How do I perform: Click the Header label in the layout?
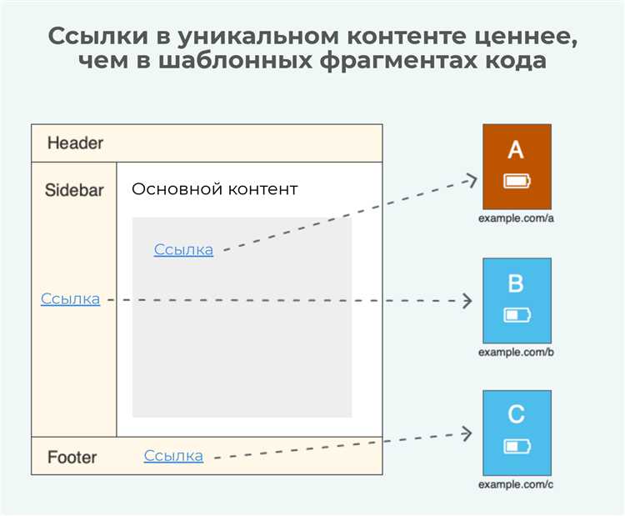click(75, 143)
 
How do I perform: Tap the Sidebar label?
click(74, 190)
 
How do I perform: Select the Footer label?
click(72, 457)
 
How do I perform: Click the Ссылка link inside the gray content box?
click(183, 249)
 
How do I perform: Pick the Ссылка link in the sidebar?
click(70, 299)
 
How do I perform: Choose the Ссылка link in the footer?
click(173, 456)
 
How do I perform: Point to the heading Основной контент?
click(214, 189)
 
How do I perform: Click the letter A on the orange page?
click(516, 150)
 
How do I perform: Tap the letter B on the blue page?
click(516, 284)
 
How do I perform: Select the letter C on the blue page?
click(516, 413)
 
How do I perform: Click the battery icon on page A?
click(517, 181)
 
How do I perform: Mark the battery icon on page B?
click(517, 315)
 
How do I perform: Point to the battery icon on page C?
click(517, 447)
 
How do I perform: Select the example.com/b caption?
click(516, 352)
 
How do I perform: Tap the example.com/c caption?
click(516, 484)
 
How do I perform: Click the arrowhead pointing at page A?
click(471, 179)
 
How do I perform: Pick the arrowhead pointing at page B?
click(467, 300)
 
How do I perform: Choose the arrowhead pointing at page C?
click(467, 433)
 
